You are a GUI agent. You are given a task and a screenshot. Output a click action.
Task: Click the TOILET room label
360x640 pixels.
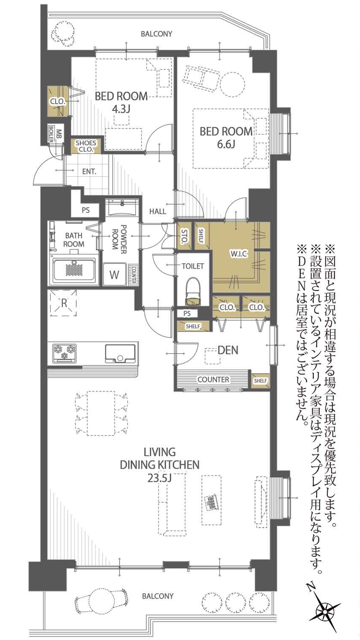193,266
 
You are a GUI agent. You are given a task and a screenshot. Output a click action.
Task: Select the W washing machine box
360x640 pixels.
114,274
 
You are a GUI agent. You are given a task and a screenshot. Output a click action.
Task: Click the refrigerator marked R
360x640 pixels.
63,303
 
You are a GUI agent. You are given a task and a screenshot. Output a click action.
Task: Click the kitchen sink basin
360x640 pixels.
120,354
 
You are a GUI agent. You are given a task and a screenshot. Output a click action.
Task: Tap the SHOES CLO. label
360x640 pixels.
86,146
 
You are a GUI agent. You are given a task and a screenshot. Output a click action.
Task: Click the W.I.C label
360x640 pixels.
238,254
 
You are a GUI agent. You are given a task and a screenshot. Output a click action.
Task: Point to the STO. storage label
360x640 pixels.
184,236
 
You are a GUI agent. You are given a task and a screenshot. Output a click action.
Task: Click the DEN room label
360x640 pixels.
228,350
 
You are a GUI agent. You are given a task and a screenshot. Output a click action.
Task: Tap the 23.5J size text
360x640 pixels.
159,478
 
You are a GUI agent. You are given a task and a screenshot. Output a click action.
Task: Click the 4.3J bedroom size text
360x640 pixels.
121,110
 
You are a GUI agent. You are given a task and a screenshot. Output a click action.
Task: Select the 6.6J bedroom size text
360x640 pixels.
226,144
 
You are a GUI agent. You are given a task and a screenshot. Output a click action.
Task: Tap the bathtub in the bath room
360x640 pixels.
73,270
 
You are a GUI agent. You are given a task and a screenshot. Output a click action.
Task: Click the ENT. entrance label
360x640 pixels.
89,172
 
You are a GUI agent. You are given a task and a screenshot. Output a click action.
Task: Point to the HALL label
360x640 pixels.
158,211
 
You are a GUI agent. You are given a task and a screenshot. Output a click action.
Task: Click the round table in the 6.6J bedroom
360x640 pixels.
233,84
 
